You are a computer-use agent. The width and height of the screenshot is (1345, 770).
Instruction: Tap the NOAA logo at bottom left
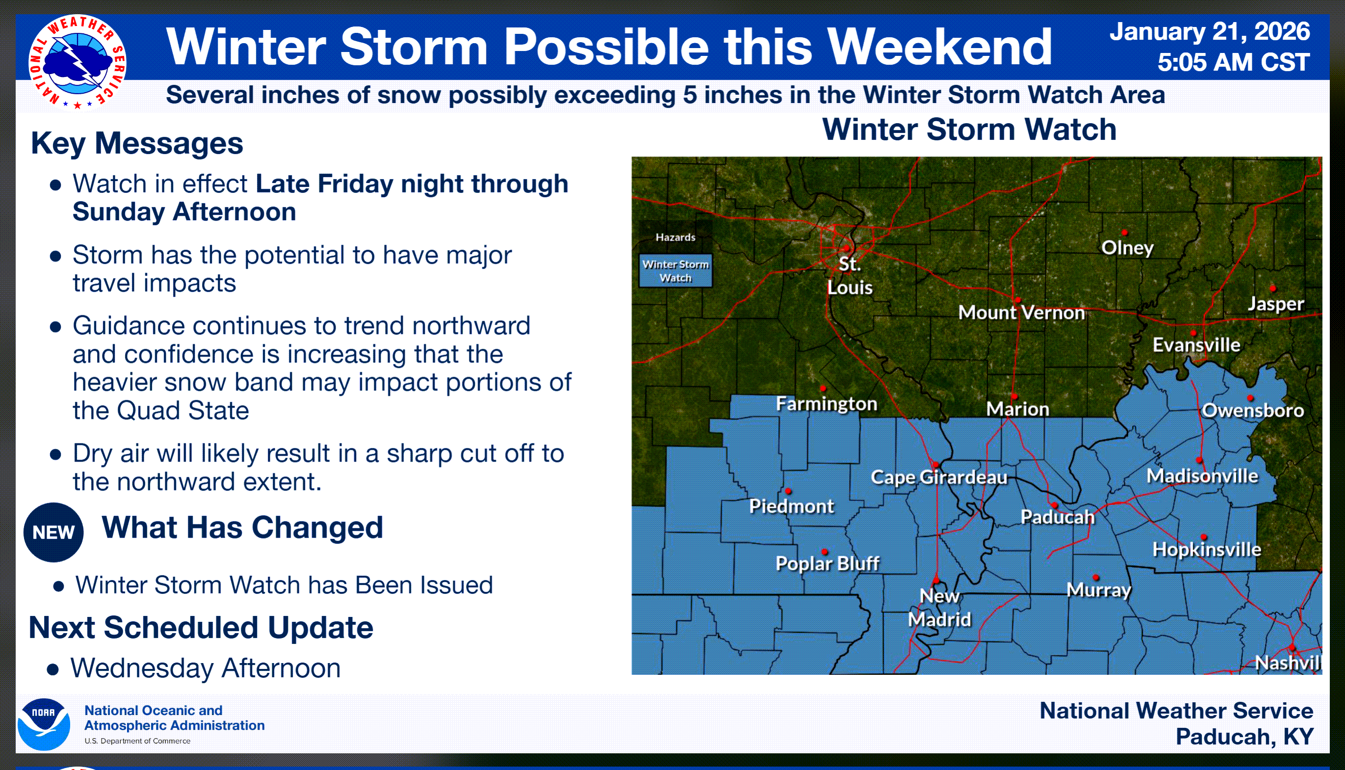(x=44, y=724)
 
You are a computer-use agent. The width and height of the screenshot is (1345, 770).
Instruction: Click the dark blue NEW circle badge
(x=53, y=532)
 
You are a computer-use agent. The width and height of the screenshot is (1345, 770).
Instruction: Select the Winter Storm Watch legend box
(x=675, y=271)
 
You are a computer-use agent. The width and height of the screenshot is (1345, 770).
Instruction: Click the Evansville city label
(x=1196, y=345)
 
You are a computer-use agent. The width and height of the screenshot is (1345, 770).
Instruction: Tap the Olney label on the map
(x=1127, y=248)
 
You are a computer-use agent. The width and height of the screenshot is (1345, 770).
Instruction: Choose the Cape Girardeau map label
(x=939, y=477)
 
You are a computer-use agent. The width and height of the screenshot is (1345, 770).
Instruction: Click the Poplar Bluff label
(x=827, y=563)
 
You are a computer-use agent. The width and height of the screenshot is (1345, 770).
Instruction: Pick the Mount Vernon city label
(x=1021, y=312)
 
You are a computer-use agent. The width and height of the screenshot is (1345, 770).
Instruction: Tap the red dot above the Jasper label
(x=1273, y=289)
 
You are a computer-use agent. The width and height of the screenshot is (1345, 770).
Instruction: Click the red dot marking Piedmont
(x=788, y=491)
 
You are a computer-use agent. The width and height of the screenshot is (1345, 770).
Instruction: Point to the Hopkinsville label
(x=1206, y=549)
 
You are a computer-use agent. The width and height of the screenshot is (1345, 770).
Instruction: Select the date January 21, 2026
(x=1210, y=31)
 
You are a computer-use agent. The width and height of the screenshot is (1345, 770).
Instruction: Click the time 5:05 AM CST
(x=1233, y=62)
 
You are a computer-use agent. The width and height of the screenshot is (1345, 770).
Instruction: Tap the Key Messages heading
(x=137, y=143)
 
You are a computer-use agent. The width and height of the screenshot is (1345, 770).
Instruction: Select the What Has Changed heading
(x=242, y=527)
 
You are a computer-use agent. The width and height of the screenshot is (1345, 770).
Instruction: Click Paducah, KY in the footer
(x=1244, y=737)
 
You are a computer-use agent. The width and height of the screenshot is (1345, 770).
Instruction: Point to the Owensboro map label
(x=1252, y=411)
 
